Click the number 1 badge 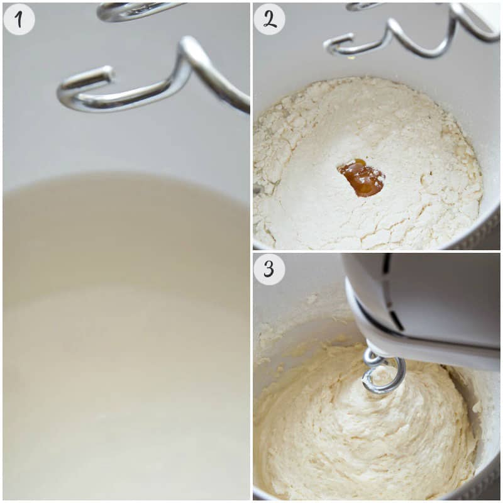tap(19, 19)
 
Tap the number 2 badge tap(269, 19)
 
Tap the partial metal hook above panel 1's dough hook tap(135, 12)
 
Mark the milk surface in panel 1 tap(125, 337)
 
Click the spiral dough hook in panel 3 tap(384, 372)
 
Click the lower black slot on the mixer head tap(396, 319)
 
